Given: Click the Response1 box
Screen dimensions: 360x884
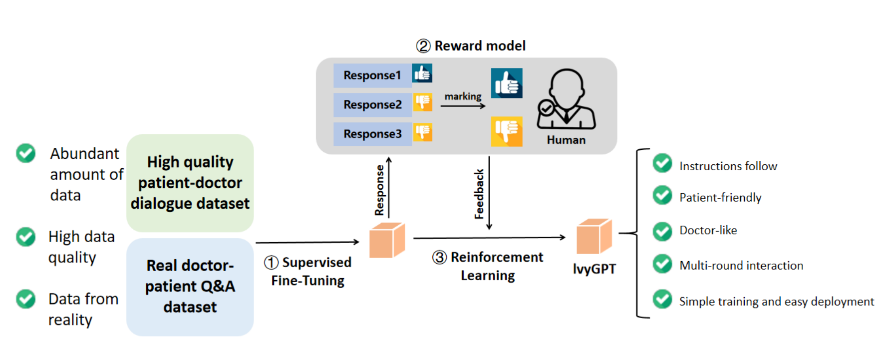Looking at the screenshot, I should tap(372, 75).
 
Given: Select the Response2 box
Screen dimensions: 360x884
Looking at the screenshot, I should tap(372, 105).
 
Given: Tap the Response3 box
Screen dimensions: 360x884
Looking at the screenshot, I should tap(372, 134).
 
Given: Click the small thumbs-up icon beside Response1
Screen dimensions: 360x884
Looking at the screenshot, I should tap(422, 73).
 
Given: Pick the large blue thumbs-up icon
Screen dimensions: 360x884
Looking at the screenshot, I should tap(507, 83).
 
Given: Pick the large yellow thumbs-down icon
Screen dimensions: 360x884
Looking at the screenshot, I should tap(507, 131).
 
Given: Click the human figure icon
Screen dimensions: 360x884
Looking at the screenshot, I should tap(567, 100).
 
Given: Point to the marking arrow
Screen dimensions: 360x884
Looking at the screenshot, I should tap(463, 106).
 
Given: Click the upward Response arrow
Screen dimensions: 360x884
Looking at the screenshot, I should tap(389, 187).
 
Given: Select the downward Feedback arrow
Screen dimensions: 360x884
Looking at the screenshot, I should tap(489, 193).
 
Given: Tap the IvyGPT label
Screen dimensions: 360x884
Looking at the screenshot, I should tap(594, 269).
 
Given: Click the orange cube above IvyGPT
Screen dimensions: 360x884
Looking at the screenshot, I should tap(594, 236).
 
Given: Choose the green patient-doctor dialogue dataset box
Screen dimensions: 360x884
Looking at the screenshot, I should tap(190, 183).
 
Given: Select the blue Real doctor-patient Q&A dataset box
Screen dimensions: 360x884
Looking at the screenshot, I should tap(190, 287).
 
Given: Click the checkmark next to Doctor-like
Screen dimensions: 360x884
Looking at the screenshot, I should tap(662, 231).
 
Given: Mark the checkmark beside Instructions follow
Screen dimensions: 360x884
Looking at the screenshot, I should tap(662, 163).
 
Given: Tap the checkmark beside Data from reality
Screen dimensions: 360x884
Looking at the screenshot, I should tap(25, 299).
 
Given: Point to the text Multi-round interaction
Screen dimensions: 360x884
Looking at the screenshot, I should tap(741, 266).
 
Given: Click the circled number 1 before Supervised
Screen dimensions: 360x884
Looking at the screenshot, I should tap(271, 263).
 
